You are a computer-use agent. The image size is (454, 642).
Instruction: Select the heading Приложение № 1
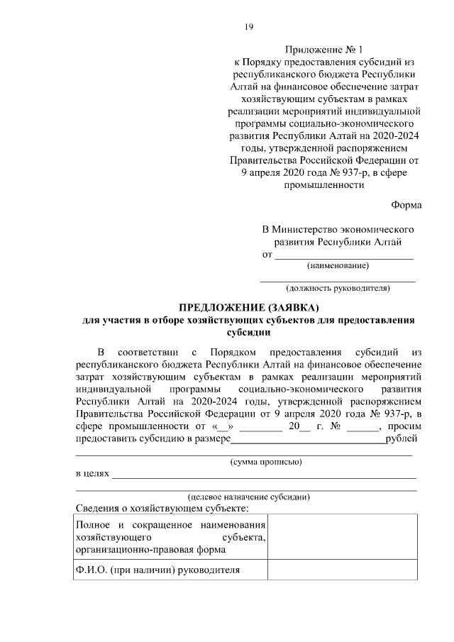(x=323, y=50)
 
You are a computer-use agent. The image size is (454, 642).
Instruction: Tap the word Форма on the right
(x=406, y=205)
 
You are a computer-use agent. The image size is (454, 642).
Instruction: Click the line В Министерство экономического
(x=338, y=230)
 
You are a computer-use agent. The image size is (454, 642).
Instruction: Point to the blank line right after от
(x=343, y=254)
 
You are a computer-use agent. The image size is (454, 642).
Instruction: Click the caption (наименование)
(x=337, y=266)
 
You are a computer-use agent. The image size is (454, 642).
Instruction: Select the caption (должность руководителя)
(x=338, y=289)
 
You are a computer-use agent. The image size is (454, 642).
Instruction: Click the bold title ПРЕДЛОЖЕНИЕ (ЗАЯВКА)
(x=249, y=308)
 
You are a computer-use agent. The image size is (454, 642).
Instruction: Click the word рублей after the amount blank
(x=401, y=439)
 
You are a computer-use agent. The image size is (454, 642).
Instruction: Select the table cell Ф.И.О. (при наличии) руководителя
(x=157, y=570)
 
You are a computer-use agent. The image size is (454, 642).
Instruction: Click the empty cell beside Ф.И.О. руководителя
(x=342, y=570)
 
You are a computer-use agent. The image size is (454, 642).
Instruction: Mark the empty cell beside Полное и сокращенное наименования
(x=342, y=537)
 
